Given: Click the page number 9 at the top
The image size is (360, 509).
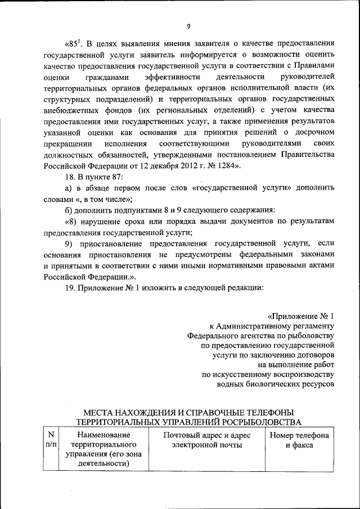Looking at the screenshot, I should pos(189,25).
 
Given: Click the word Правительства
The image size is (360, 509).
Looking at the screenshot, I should pos(308,155).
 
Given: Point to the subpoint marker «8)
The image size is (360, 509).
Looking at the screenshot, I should pos(71,222).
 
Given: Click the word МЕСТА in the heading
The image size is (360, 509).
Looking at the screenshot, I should pos(99,413).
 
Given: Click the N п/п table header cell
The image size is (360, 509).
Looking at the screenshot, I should pos(51,440).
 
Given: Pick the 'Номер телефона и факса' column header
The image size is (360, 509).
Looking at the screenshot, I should pos(299,440).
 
